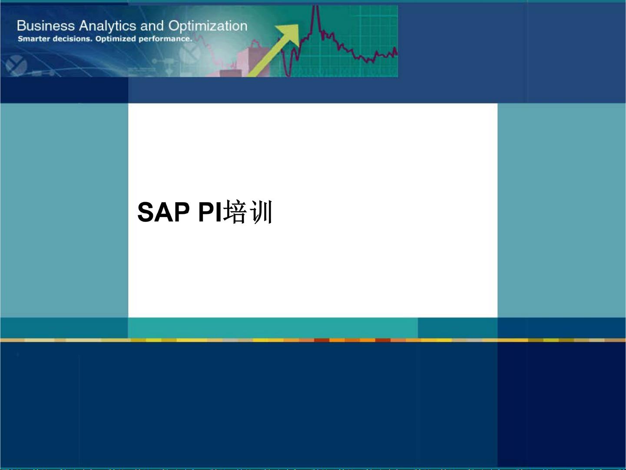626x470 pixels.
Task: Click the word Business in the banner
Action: pyautogui.click(x=46, y=26)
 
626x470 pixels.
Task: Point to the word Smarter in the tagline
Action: pyautogui.click(x=34, y=39)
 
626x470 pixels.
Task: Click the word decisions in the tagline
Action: pyautogui.click(x=73, y=39)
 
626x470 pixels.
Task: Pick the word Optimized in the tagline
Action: pyautogui.click(x=116, y=39)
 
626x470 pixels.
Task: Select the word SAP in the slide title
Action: pyautogui.click(x=163, y=212)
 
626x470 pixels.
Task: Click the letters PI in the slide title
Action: pyautogui.click(x=210, y=212)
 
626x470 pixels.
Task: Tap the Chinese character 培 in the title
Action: pyautogui.click(x=235, y=212)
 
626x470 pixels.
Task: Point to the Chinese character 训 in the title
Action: pyautogui.click(x=261, y=212)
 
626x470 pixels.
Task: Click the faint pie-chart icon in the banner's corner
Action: pyautogui.click(x=16, y=65)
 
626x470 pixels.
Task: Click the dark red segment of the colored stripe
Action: pyautogui.click(x=322, y=340)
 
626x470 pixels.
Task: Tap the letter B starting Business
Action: pyautogui.click(x=20, y=26)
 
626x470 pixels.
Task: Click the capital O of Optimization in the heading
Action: pyautogui.click(x=174, y=26)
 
